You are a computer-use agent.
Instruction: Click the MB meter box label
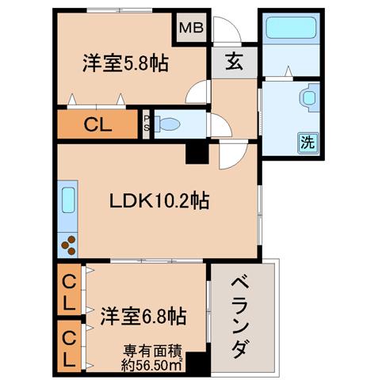coord(191,28)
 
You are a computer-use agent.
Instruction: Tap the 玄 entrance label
coord(234,62)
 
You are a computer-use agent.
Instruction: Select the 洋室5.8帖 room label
coord(126,63)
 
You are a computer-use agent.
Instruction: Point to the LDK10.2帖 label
coord(159,201)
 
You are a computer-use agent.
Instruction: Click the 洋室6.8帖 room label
coord(143,316)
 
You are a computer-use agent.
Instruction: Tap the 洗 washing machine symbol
coord(308,142)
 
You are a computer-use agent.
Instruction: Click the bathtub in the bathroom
coord(291,28)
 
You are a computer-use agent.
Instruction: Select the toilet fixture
coord(167,124)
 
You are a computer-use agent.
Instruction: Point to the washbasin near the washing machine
coord(309,98)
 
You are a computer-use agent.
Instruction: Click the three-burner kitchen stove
coord(68,245)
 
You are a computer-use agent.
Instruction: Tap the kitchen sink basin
coord(68,199)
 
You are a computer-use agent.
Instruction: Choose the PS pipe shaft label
coord(146,123)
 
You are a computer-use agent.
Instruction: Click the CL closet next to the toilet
coord(97,124)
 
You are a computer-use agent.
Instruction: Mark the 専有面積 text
coord(152,351)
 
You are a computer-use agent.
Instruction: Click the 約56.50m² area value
coord(151,365)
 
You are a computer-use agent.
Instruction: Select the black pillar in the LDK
coord(197,154)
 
